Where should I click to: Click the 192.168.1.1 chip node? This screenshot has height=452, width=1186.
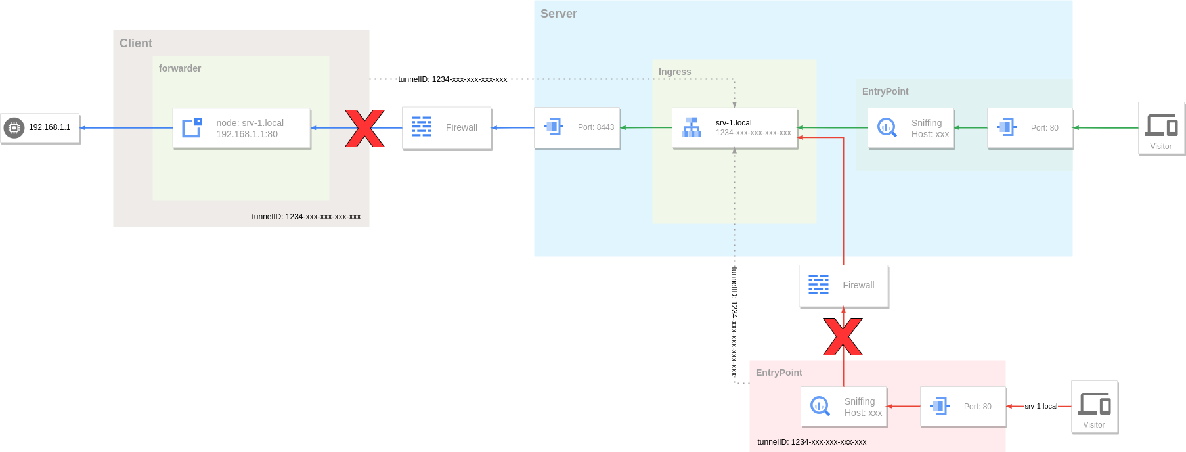pyautogui.click(x=40, y=128)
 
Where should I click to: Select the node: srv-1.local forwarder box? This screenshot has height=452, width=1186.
pyautogui.click(x=242, y=128)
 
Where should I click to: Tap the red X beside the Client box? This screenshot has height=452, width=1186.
pyautogui.click(x=364, y=128)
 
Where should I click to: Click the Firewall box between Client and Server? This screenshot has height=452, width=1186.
pyautogui.click(x=447, y=128)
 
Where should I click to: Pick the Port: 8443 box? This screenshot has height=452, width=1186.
pyautogui.click(x=577, y=128)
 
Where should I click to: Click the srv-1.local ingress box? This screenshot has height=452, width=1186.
pyautogui.click(x=735, y=128)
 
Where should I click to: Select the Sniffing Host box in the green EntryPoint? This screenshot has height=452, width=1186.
pyautogui.click(x=911, y=128)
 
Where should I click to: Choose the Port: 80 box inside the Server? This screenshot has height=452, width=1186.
pyautogui.click(x=1030, y=128)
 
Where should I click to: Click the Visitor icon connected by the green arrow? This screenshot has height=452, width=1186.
pyautogui.click(x=1161, y=128)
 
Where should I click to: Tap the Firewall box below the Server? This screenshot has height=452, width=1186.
pyautogui.click(x=844, y=286)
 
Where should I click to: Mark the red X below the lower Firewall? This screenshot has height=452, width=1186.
pyautogui.click(x=843, y=336)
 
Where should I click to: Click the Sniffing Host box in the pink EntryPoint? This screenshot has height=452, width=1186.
pyautogui.click(x=844, y=407)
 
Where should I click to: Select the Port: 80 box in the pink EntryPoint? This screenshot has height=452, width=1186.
pyautogui.click(x=963, y=407)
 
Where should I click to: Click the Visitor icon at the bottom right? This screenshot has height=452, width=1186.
pyautogui.click(x=1094, y=407)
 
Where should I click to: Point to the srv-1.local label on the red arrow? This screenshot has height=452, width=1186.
pyautogui.click(x=1041, y=406)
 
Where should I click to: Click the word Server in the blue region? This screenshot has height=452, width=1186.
pyautogui.click(x=558, y=14)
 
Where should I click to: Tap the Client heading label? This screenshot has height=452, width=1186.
pyautogui.click(x=135, y=43)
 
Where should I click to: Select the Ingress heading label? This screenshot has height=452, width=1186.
pyautogui.click(x=674, y=72)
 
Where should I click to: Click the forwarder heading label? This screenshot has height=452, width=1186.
pyautogui.click(x=179, y=68)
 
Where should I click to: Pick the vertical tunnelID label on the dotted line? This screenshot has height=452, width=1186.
pyautogui.click(x=734, y=321)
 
